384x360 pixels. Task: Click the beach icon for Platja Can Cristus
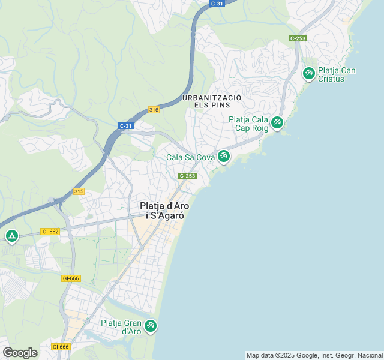click(x=308, y=73)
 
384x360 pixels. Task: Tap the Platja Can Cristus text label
click(x=337, y=74)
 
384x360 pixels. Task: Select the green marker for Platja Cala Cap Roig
click(x=277, y=122)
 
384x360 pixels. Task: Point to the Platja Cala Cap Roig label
click(x=248, y=124)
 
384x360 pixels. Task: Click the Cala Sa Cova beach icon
click(x=223, y=156)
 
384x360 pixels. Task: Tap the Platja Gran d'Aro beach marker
click(x=151, y=326)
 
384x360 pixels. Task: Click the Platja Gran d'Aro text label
click(x=121, y=327)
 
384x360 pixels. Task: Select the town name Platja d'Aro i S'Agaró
click(x=162, y=210)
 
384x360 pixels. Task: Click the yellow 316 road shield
click(x=154, y=110)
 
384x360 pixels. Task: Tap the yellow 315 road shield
click(x=79, y=191)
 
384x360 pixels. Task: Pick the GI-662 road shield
click(x=50, y=231)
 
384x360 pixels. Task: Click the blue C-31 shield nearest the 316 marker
click(x=125, y=126)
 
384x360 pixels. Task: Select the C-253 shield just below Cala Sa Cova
click(x=187, y=176)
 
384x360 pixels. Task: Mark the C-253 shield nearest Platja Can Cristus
click(x=298, y=38)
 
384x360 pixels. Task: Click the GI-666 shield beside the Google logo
click(x=60, y=347)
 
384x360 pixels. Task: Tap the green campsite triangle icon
click(x=11, y=236)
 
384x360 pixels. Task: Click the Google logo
click(x=20, y=352)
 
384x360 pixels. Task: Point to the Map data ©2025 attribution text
click(x=314, y=355)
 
